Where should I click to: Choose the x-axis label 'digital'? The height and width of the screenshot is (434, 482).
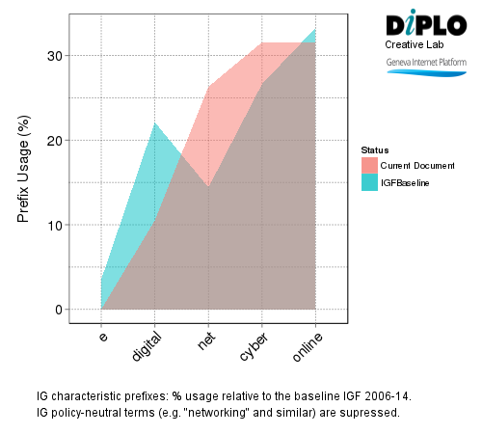click(147, 347)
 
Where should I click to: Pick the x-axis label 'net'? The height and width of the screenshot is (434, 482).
click(203, 340)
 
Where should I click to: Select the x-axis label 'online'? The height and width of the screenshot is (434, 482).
click(308, 346)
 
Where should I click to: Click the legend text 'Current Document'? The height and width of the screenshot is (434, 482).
click(412, 166)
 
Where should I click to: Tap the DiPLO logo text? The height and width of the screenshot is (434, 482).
click(424, 25)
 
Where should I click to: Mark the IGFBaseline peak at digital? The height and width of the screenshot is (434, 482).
click(154, 123)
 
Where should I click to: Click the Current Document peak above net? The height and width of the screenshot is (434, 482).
click(208, 88)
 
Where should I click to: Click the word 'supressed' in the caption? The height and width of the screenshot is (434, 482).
click(371, 413)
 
